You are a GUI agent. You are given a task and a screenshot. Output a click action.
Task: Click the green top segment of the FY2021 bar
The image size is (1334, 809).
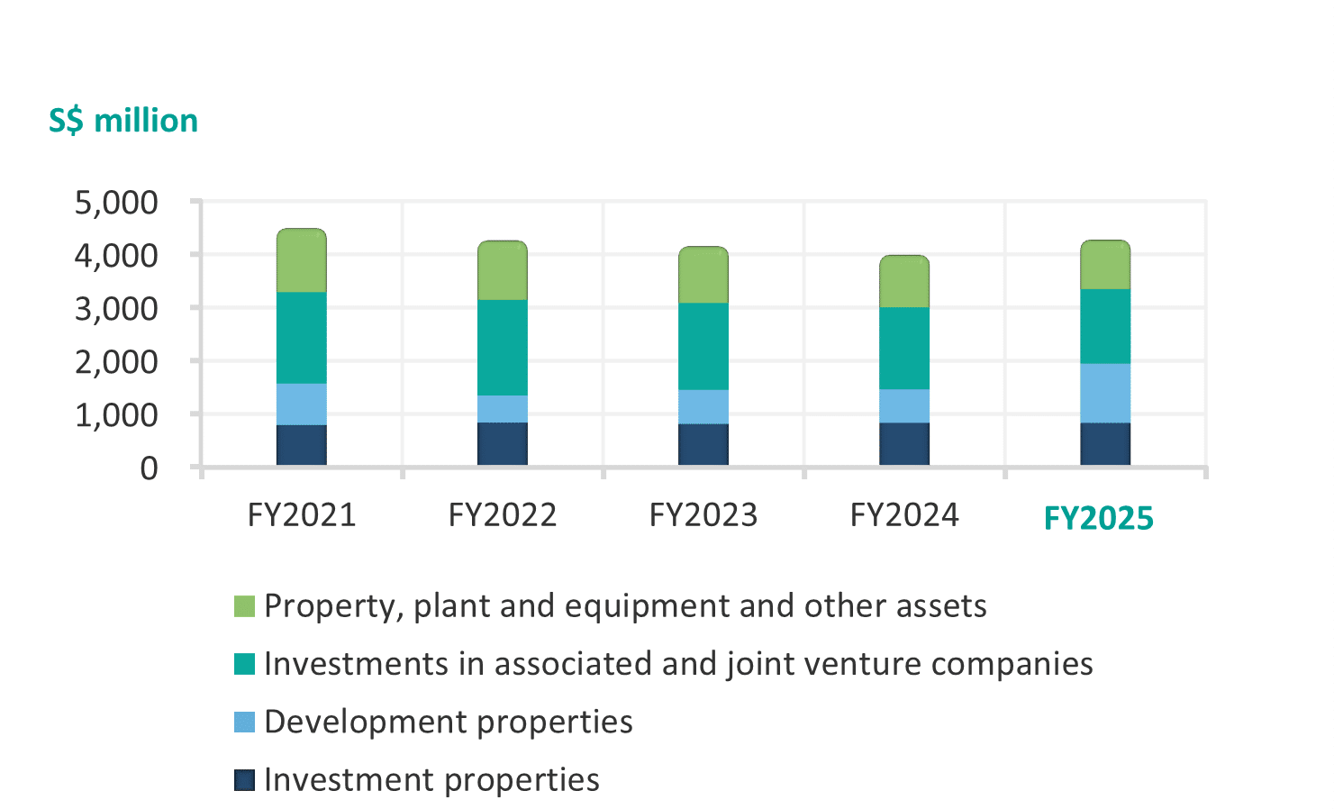point(301,260)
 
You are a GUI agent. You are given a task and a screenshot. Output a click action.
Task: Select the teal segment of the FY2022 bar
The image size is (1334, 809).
point(502,347)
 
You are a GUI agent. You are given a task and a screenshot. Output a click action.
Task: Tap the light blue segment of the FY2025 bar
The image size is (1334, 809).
point(1104,393)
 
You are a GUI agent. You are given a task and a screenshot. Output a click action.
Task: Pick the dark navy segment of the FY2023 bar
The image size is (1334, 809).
point(703,444)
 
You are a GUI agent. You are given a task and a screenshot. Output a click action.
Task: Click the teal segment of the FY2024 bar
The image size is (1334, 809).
point(903,348)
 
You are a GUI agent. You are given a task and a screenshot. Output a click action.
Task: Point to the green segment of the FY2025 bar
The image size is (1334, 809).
point(1104,265)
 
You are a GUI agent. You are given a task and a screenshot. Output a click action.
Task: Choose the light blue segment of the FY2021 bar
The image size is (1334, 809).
point(301,404)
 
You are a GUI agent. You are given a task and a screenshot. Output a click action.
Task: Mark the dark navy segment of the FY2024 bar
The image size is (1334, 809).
point(903,443)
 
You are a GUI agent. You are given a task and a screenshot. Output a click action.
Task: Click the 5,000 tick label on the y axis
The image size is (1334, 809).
point(116,203)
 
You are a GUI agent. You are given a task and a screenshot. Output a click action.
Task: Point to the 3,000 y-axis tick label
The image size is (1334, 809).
point(116,309)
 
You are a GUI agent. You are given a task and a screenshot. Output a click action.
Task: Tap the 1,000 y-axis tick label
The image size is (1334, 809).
point(116,415)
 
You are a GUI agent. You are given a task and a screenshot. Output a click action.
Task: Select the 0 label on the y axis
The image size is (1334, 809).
point(149,468)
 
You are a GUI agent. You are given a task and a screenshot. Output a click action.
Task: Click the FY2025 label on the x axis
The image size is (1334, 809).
point(1098,519)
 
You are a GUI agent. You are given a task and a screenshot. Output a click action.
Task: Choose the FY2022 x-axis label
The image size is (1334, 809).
point(503,515)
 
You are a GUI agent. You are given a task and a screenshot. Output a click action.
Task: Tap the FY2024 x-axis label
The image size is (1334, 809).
point(904,515)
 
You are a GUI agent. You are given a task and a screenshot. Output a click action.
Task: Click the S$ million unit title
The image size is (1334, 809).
point(123,121)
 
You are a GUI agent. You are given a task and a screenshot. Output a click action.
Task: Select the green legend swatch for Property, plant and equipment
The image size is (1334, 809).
point(244,606)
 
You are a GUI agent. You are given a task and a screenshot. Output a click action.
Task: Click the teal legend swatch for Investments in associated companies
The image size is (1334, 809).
point(244,664)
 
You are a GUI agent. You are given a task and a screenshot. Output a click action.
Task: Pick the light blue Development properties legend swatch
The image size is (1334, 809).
point(244,722)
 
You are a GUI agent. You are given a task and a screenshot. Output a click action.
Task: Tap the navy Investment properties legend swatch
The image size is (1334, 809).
point(244,780)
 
